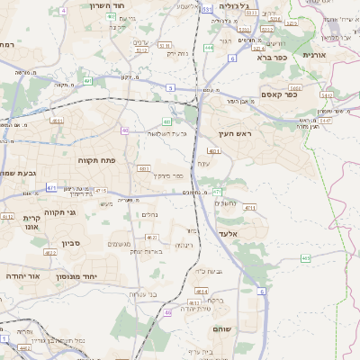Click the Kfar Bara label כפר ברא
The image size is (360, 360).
coord(270,57)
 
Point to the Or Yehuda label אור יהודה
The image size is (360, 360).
coord(22,275)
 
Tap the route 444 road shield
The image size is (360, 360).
coord(209,49)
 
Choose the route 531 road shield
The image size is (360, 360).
coord(207,9)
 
